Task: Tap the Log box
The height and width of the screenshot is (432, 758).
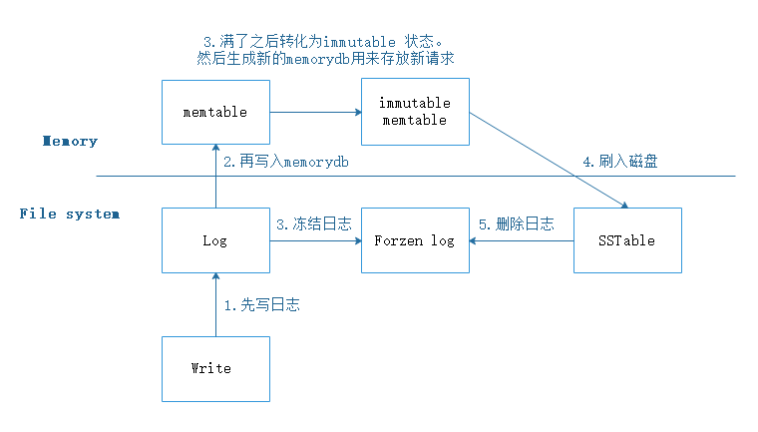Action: coord(215,240)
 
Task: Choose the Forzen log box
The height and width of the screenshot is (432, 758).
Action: coord(415,240)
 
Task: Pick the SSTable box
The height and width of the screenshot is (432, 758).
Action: coord(628,240)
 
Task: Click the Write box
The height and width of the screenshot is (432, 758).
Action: coord(215,368)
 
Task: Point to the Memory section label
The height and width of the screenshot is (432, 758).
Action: coord(70,141)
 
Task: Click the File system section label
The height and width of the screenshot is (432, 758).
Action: coord(69,214)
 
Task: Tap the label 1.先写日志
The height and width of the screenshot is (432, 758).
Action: coord(262,305)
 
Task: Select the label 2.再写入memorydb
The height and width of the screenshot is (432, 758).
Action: coord(288,161)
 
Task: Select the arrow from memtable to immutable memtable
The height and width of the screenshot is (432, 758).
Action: coord(315,113)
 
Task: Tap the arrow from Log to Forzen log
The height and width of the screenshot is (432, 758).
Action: coord(315,240)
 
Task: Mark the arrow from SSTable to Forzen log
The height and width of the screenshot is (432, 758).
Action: coord(522,240)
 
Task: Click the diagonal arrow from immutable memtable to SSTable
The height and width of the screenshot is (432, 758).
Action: coord(549,160)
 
